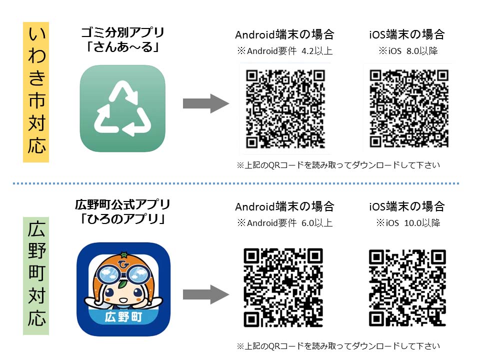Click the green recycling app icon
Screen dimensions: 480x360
coord(122,108)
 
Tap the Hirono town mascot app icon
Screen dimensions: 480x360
coord(123,289)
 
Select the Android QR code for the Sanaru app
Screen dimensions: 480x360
coord(285,108)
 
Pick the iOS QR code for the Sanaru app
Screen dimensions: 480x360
coord(409,108)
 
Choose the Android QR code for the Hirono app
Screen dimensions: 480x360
coord(283,287)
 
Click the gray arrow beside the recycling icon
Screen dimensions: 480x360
coord(205,103)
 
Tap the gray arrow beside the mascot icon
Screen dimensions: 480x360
coord(205,294)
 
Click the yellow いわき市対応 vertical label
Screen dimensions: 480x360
coord(36,92)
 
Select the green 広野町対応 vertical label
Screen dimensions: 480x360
coord(36,276)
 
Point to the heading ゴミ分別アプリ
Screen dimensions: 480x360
coord(123,32)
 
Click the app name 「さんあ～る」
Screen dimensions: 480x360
coord(123,47)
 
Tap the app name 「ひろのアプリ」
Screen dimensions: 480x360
coord(123,219)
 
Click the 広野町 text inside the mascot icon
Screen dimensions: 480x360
coord(123,317)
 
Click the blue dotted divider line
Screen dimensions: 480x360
coord(236,183)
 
